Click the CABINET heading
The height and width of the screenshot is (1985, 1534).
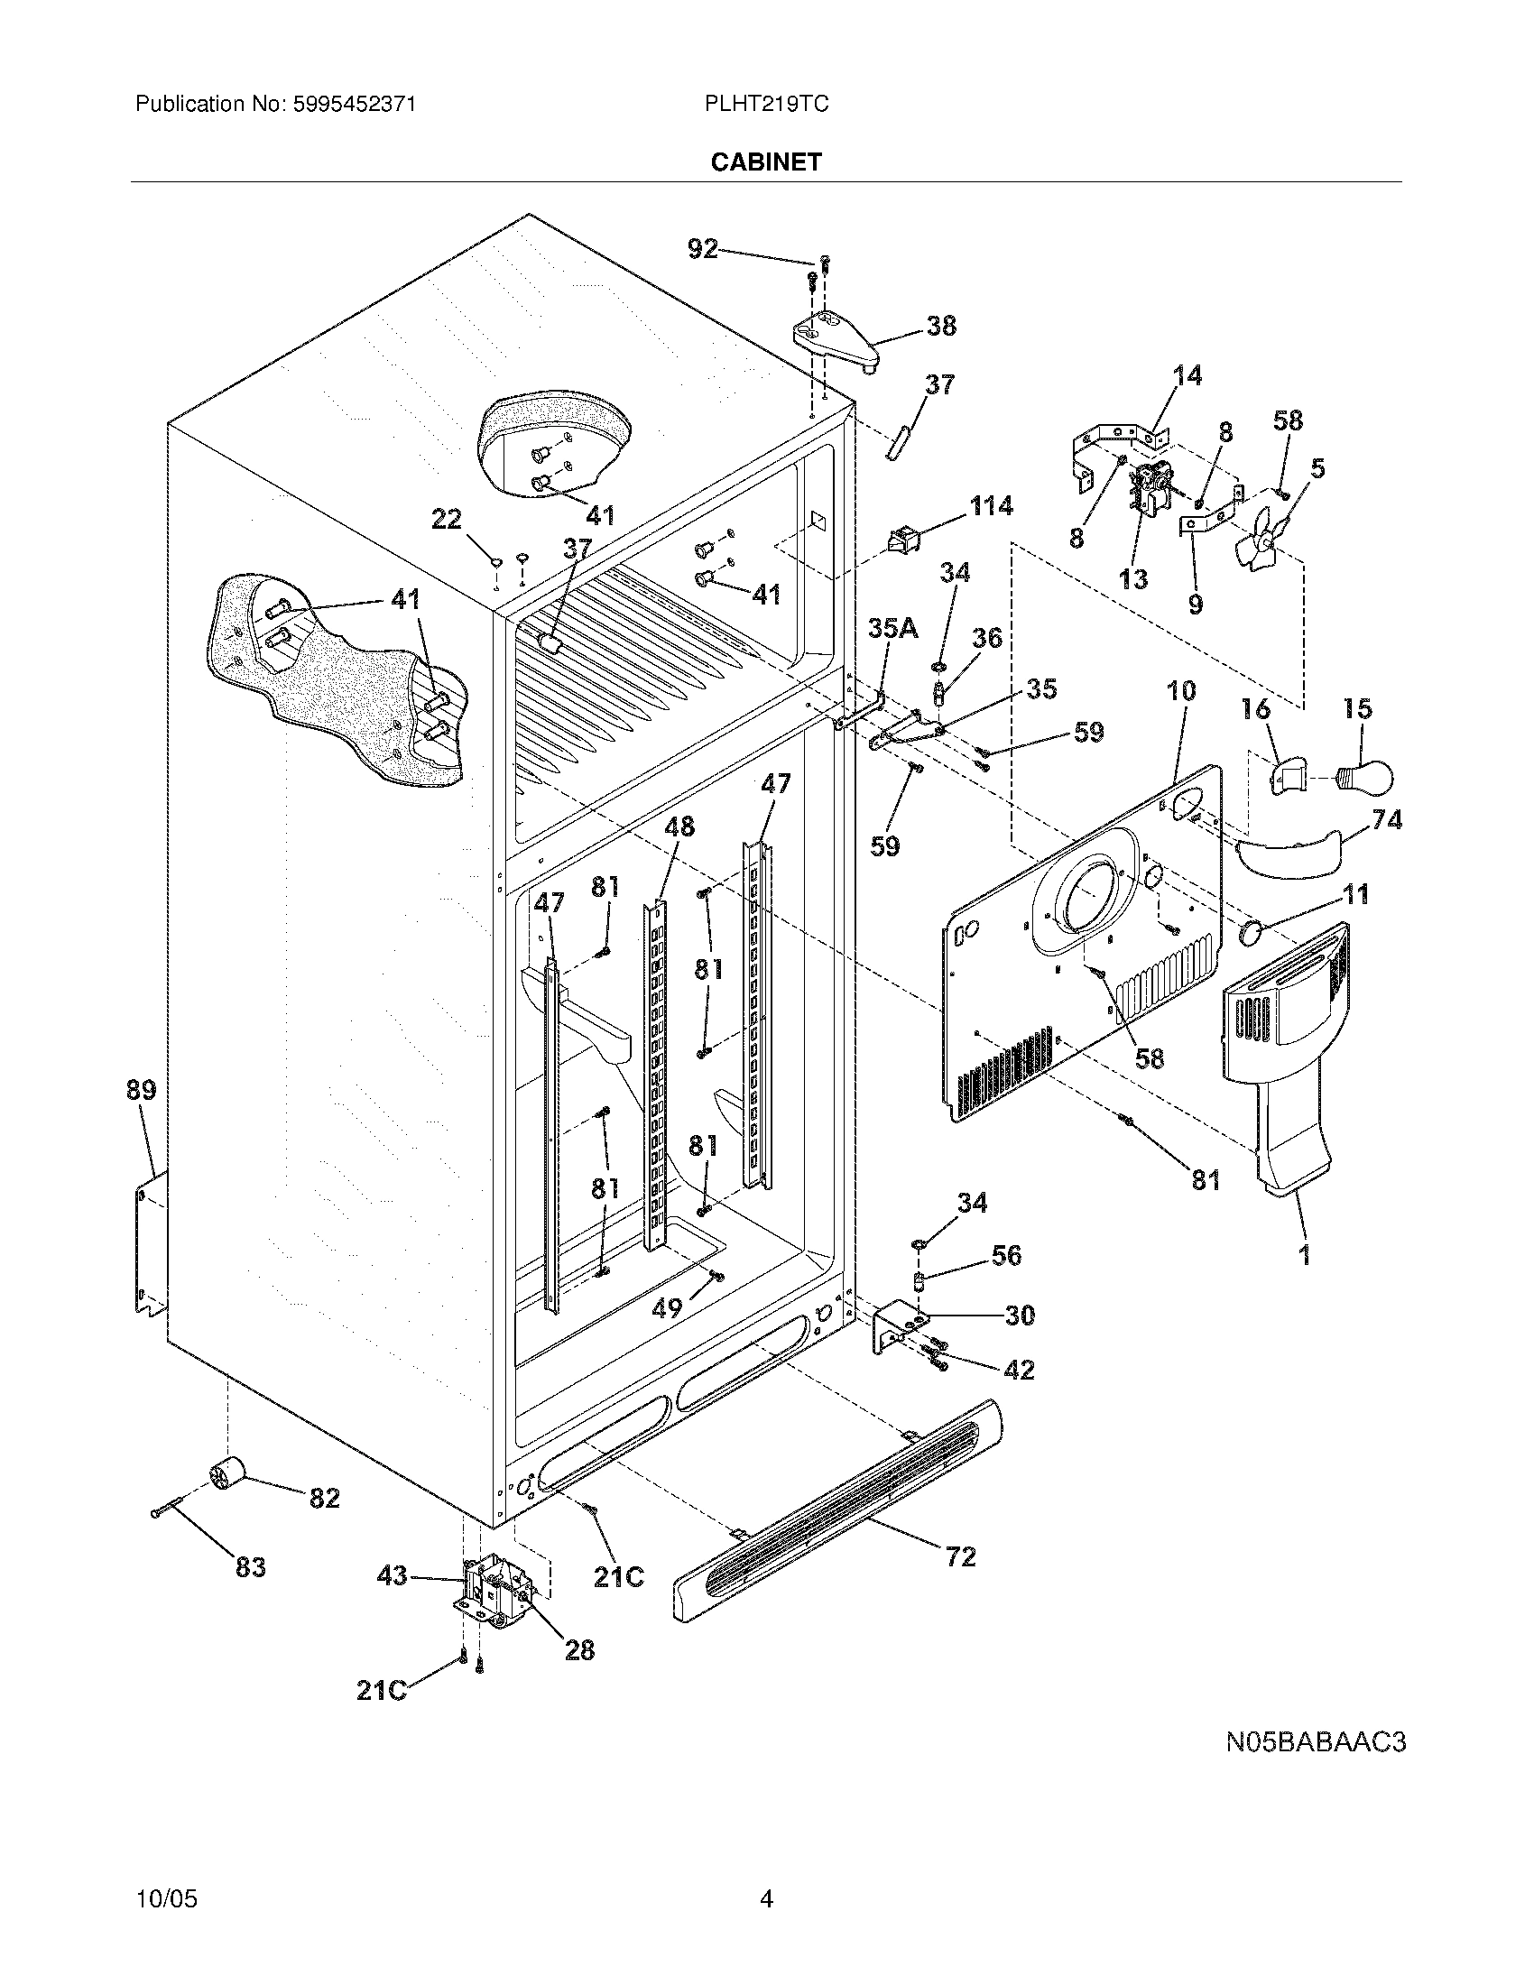pyautogui.click(x=765, y=162)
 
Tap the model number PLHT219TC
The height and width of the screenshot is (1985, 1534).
pyautogui.click(x=765, y=105)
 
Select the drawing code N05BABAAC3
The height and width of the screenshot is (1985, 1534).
pyautogui.click(x=1315, y=1742)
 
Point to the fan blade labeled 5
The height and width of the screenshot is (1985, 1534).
pyautogui.click(x=1263, y=536)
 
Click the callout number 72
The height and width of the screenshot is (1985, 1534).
pyautogui.click(x=961, y=1557)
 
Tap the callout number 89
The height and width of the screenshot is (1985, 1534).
pyautogui.click(x=141, y=1089)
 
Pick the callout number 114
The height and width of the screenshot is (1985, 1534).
pyautogui.click(x=991, y=506)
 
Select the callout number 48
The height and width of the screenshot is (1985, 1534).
pyautogui.click(x=679, y=826)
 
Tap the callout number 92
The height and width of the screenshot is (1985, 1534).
pyautogui.click(x=702, y=248)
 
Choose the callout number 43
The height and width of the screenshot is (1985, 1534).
pyautogui.click(x=392, y=1575)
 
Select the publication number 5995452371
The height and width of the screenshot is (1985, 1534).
pyautogui.click(x=354, y=105)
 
